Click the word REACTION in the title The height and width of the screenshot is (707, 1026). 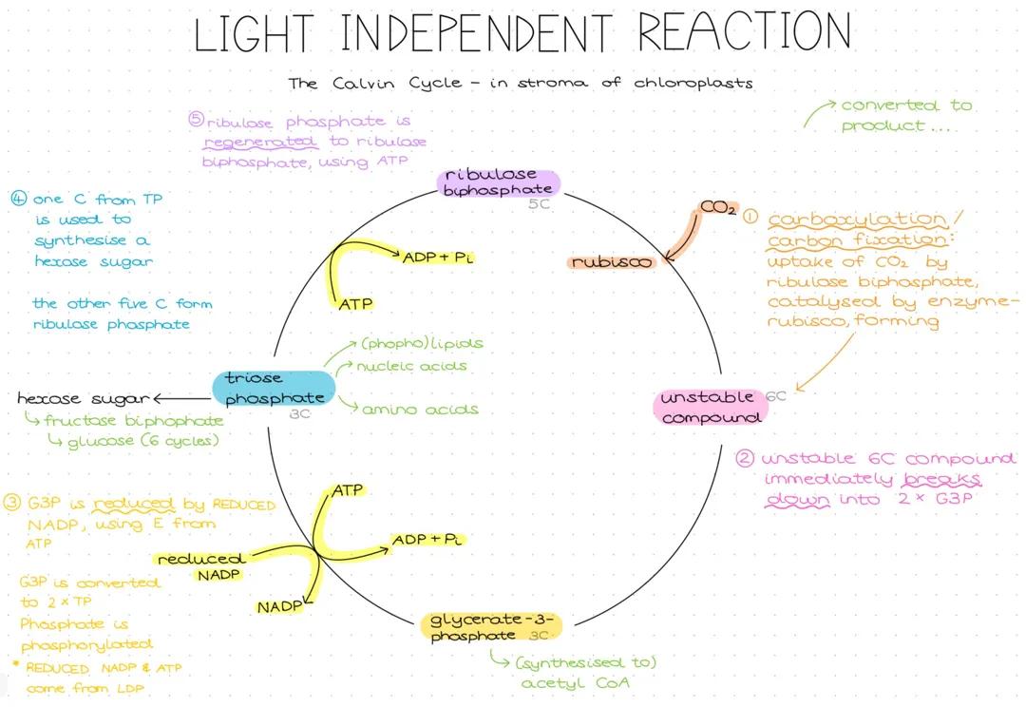point(744,33)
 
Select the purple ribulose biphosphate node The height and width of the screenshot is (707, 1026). point(499,182)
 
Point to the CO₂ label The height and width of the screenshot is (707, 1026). point(718,208)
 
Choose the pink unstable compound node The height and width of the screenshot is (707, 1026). point(710,407)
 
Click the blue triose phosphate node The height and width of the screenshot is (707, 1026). point(274,389)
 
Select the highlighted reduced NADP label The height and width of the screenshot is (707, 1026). point(201,566)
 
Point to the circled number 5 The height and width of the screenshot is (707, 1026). point(196,121)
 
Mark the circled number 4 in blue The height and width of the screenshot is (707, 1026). point(18,200)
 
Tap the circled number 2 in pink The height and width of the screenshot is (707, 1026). point(745,458)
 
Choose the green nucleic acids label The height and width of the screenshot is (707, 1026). point(412,366)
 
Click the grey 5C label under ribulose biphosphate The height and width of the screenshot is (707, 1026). point(539,203)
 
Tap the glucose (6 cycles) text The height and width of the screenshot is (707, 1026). point(143,441)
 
